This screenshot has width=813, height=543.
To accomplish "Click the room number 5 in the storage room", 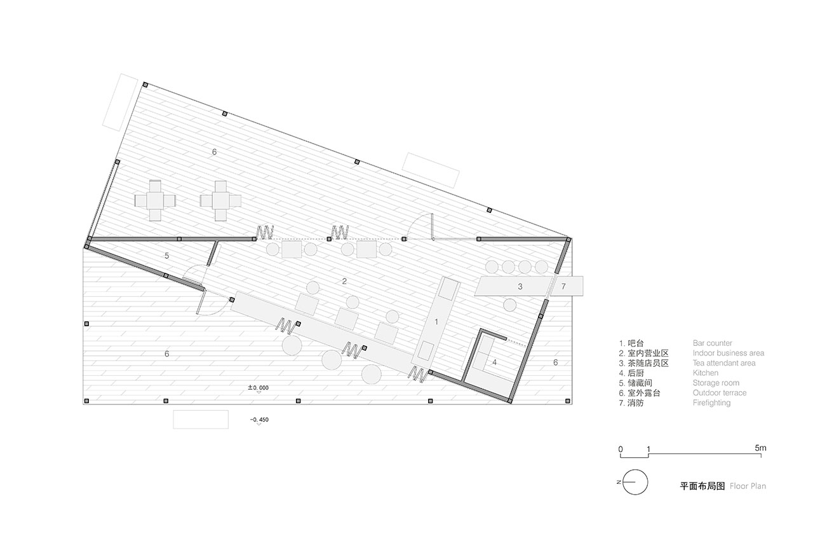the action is tap(166, 256).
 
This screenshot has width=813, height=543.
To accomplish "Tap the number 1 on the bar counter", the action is tap(436, 322).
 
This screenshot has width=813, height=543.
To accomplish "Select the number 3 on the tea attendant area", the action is tap(520, 287).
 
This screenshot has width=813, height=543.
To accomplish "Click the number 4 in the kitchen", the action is tap(494, 362).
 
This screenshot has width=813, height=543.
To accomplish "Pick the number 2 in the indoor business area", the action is tap(344, 281).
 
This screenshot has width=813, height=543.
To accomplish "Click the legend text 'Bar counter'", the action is tap(712, 343).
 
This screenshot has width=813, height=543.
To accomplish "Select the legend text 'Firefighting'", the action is tap(711, 402).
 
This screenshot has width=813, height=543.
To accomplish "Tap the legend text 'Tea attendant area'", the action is tap(723, 363).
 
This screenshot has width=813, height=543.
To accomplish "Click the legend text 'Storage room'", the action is tap(716, 383).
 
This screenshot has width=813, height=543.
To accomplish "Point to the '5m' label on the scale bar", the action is tap(760, 448).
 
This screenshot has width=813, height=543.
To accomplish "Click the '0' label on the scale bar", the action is tap(621, 450).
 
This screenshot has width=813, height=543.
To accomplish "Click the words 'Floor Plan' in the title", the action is tap(748, 486).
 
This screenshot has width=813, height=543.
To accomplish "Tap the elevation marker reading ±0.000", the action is tap(258, 388).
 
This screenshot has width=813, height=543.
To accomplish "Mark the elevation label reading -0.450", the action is tap(259, 420).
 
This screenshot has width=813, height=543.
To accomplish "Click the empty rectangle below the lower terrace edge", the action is tap(201, 420).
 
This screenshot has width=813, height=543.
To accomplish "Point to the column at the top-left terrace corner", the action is tap(145, 85).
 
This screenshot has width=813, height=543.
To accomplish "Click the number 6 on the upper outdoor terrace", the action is tap(214, 152).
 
